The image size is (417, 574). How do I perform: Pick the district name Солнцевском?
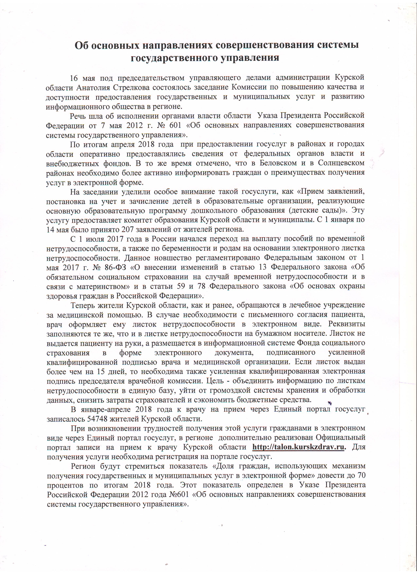coord(341,163)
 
